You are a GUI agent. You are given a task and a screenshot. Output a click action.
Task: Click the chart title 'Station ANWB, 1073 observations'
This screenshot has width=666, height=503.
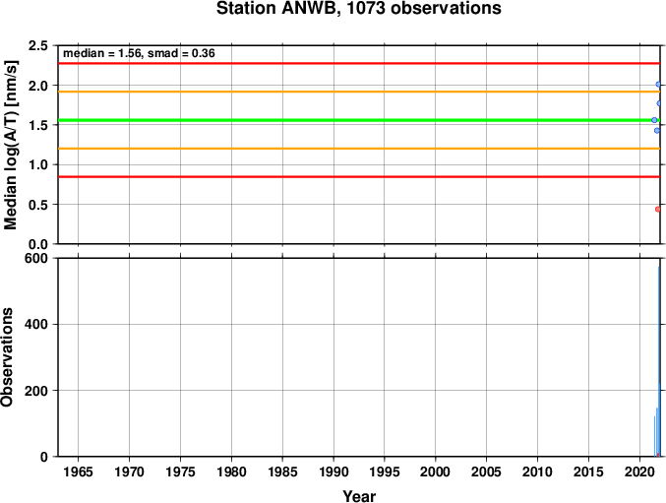358,8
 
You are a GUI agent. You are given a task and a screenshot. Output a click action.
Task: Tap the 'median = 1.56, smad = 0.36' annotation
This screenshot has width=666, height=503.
139,53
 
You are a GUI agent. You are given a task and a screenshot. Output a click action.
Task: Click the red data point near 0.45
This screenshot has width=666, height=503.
658,209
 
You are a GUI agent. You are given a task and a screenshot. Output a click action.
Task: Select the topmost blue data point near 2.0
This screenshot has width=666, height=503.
658,84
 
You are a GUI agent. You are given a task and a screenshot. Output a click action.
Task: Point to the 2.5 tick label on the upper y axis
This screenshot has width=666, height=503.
37,45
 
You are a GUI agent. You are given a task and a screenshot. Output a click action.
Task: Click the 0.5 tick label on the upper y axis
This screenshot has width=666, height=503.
37,205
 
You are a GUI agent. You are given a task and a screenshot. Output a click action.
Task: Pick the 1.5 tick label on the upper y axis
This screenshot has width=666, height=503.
37,125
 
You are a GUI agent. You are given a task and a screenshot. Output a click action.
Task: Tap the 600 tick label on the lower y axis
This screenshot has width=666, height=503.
35,258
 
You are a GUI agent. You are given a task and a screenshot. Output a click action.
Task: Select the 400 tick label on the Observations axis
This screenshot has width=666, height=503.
35,324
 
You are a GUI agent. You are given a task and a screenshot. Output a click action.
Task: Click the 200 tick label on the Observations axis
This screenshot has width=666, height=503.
35,391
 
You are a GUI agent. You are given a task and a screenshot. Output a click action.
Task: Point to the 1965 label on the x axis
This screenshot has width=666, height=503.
78,472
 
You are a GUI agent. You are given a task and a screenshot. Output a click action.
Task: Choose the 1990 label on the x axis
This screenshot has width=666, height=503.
333,472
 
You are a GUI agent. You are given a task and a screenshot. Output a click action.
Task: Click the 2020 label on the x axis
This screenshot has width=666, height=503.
639,472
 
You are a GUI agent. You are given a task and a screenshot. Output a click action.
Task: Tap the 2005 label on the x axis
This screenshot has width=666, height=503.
486,472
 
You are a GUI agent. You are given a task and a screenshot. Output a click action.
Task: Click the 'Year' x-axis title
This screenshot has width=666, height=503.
359,496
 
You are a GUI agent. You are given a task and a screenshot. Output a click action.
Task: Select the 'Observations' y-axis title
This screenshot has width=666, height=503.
7,357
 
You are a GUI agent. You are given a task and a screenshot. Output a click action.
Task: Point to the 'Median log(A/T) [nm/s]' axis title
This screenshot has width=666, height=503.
10,145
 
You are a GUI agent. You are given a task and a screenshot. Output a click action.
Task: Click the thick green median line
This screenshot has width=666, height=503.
359,120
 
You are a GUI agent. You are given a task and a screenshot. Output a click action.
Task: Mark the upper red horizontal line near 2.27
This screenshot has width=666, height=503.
359,63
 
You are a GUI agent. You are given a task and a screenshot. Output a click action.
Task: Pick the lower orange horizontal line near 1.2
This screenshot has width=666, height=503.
359,149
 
